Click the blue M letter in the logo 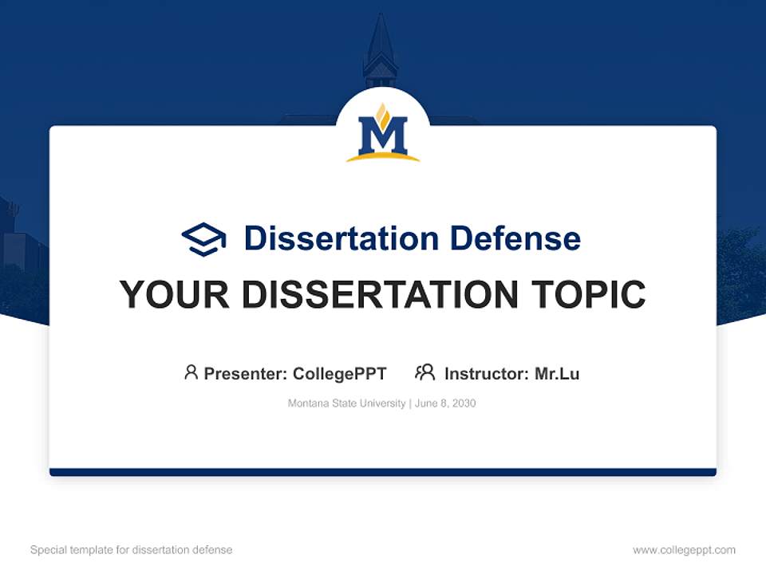point(383,136)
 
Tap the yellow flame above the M point(383,116)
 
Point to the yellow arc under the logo point(383,158)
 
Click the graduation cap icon point(203,238)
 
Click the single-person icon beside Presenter point(191,372)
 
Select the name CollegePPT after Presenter point(340,373)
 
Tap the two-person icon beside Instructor point(424,372)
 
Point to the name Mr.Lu point(557,373)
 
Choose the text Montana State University point(346,403)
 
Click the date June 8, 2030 point(445,403)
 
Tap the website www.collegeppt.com point(684,550)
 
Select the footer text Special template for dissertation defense point(132,550)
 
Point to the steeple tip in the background point(380,18)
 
